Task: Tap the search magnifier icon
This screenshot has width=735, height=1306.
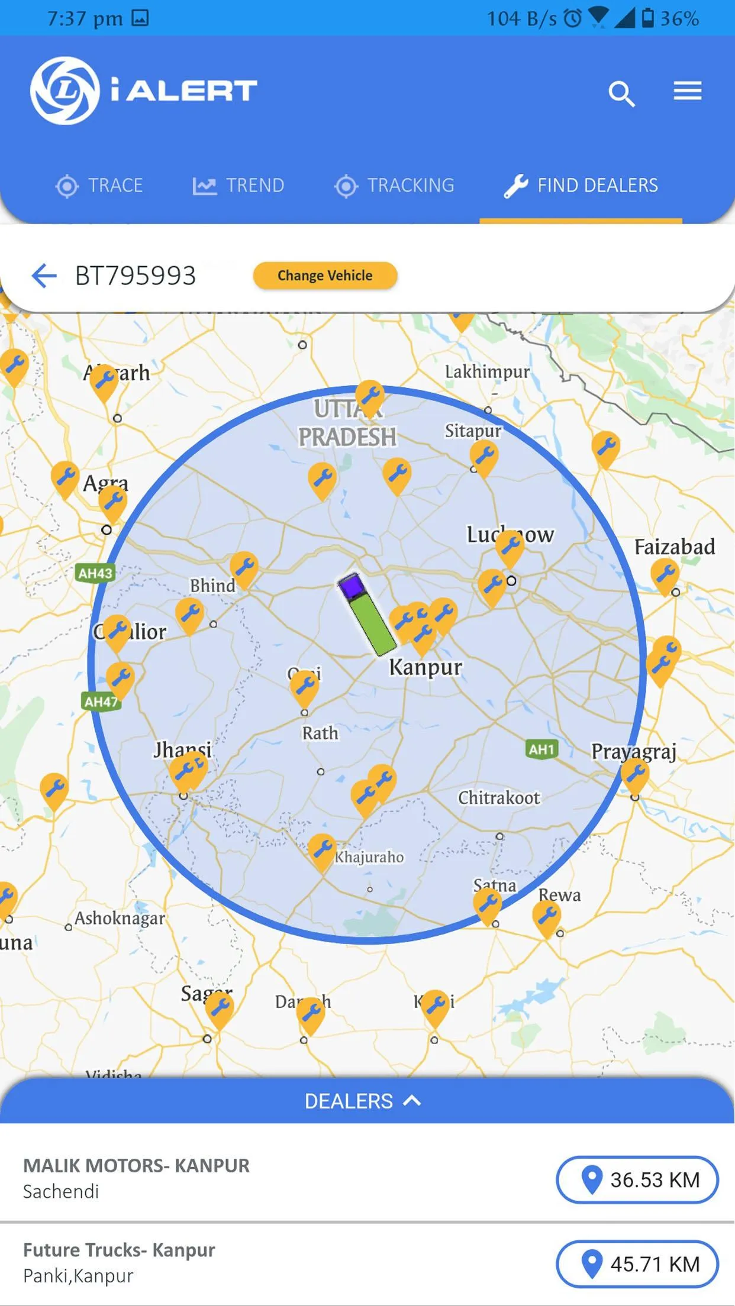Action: coord(621,93)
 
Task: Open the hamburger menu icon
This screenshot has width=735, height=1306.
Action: coord(687,91)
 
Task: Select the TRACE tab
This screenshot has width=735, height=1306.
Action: coord(99,186)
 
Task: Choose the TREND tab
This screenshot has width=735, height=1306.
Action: coord(238,186)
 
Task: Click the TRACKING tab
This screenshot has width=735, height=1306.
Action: coord(394,186)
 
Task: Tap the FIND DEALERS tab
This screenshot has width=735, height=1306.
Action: coord(581,186)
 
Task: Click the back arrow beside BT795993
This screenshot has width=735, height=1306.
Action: coord(44,276)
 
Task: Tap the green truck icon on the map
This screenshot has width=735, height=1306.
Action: coord(367,615)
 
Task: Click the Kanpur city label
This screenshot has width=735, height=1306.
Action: coord(425,667)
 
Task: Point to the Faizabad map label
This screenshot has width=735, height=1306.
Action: coord(674,547)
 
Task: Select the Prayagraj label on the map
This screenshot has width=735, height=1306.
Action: coord(633,751)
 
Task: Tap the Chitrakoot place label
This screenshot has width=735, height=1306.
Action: coord(498,798)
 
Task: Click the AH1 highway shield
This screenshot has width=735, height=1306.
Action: coord(541,749)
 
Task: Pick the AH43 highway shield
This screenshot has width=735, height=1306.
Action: coord(95,573)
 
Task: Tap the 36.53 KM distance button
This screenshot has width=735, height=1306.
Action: coord(637,1180)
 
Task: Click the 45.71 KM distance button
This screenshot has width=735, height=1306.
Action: coord(637,1264)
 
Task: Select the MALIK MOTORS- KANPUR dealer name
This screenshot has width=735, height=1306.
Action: coord(136,1166)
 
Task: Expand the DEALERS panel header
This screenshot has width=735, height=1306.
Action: coord(363,1101)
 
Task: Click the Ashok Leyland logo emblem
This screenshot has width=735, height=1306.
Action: coord(65,90)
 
